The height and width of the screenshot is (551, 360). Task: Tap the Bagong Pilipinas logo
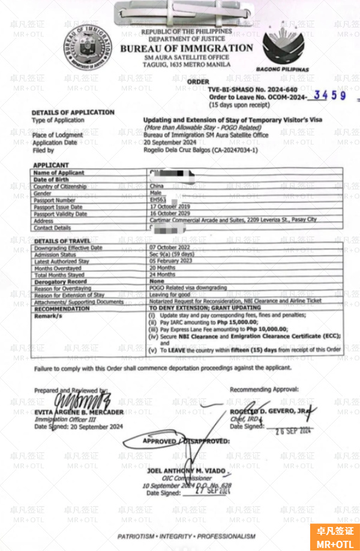click(286, 46)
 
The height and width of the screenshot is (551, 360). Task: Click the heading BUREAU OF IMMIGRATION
click(187, 48)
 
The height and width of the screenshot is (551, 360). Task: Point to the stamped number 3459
click(331, 95)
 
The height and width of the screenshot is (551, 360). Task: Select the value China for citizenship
click(155, 186)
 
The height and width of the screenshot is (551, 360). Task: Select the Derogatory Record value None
click(157, 281)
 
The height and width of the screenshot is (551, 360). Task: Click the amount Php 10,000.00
click(263, 329)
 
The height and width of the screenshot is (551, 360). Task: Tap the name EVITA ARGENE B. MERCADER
click(79, 413)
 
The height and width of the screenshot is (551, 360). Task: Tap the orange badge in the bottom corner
click(334, 537)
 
